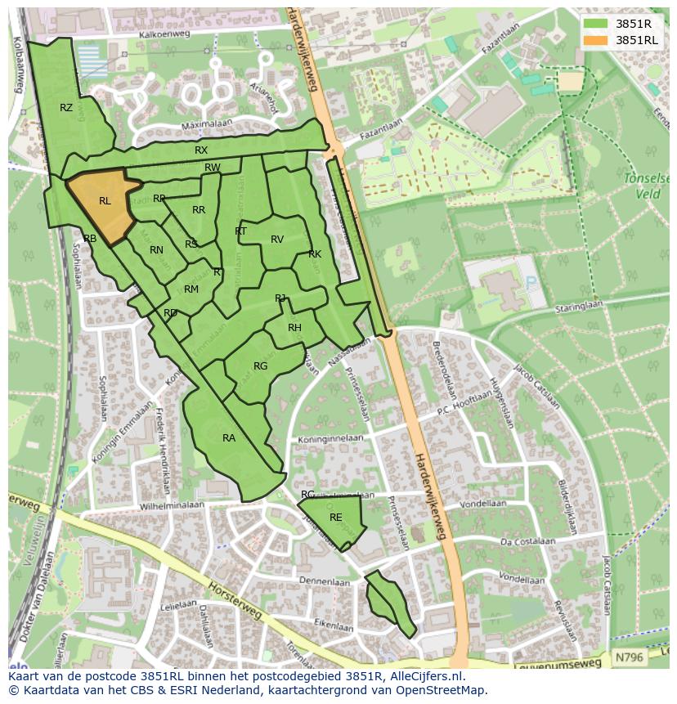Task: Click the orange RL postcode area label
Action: coord(105,200)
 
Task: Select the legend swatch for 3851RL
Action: coord(595,40)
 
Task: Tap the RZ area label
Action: coord(66,108)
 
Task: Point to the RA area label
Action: coord(229,438)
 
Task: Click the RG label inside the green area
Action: coord(260,366)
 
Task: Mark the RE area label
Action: coord(335,518)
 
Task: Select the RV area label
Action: coord(277,240)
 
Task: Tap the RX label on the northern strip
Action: coord(201,150)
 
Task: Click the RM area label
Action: coord(191,289)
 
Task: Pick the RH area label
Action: coord(294,328)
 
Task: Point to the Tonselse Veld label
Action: coord(646,186)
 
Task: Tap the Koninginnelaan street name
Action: coord(331,438)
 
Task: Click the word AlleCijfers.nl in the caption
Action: coord(424,676)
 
